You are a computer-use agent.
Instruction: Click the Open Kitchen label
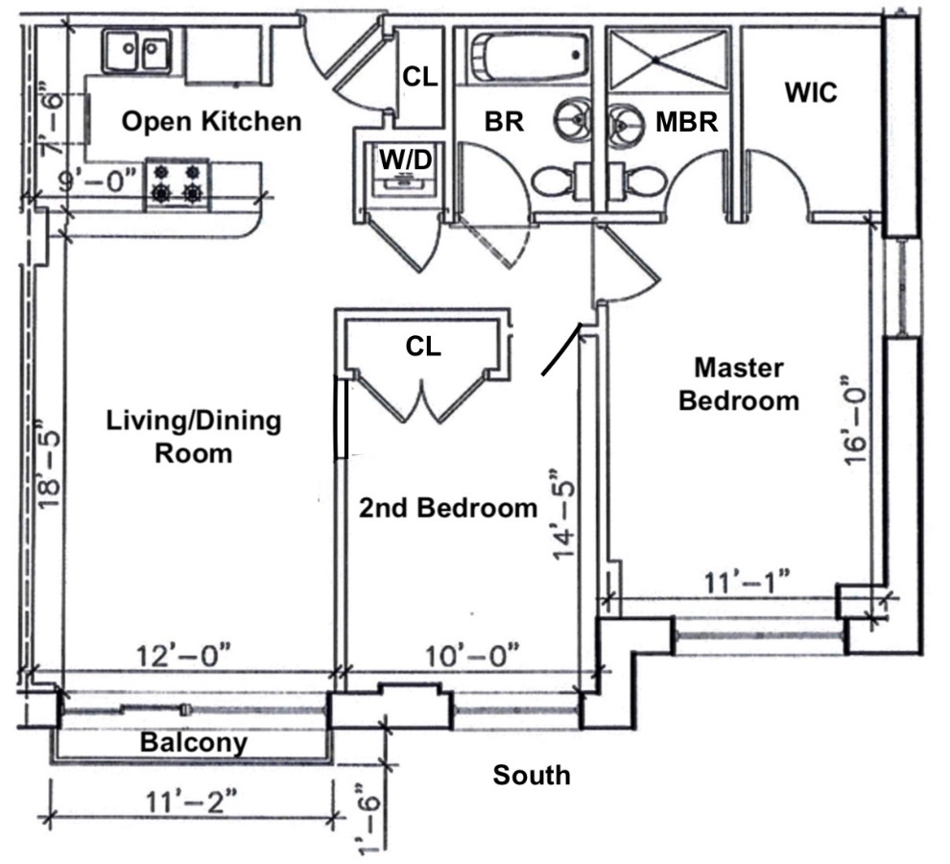212,122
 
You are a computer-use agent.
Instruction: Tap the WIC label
811,93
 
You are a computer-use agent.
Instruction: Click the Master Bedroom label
739,384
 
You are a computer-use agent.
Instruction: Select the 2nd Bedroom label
448,508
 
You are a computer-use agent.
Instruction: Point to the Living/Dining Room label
194,436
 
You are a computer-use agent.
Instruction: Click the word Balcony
194,742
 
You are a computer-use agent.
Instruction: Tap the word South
531,775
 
